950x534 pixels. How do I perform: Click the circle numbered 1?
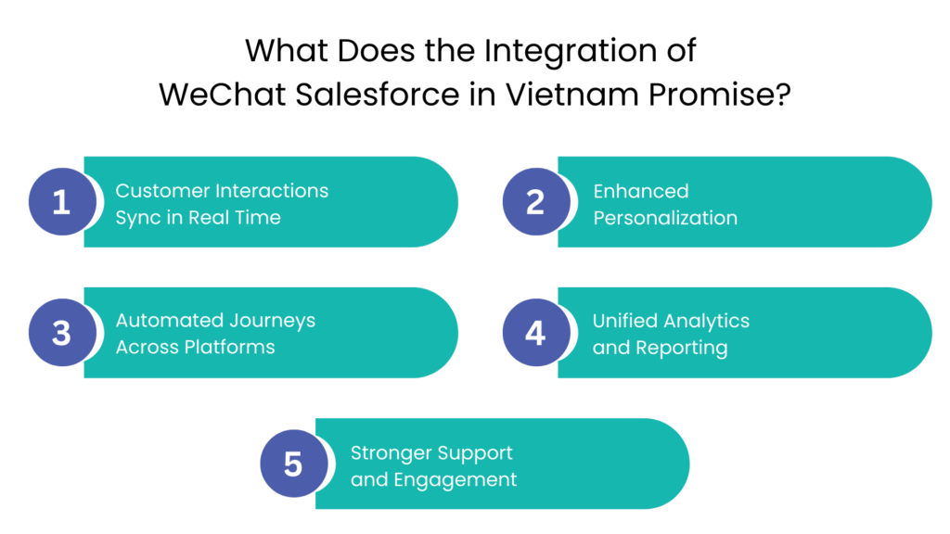(x=61, y=202)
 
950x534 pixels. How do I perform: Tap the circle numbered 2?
(x=535, y=202)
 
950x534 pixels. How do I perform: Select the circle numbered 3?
(x=61, y=333)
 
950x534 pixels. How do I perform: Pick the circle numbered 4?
(x=535, y=333)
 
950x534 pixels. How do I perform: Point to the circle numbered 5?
(x=293, y=464)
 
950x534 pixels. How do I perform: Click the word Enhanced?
(x=641, y=191)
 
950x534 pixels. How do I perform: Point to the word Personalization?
(x=665, y=219)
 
